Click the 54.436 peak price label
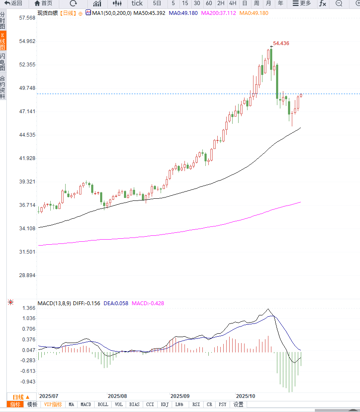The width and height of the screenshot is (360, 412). point(281,43)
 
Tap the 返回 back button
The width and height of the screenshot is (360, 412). point(13,3)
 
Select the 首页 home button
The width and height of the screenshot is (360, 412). point(43,3)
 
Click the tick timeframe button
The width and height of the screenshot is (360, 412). point(137,3)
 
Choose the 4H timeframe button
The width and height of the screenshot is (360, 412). point(233,3)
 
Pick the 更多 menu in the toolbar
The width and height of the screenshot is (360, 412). point(302,3)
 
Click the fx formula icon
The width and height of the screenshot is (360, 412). point(323,3)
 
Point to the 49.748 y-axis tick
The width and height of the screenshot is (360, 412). point(27,88)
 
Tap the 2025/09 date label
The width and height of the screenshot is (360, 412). point(179,396)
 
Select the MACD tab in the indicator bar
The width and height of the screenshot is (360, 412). point(86,404)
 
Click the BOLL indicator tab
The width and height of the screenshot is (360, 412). point(103,404)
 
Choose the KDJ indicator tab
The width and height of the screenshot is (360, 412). point(165,404)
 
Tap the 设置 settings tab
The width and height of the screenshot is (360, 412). point(238,404)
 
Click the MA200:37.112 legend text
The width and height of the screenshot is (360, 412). point(219,13)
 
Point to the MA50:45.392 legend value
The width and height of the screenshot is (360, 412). point(149,13)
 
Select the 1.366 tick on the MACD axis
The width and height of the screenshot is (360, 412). point(29,308)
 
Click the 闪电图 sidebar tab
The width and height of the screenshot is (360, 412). point(3,62)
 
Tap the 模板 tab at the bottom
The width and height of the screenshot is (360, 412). point(32,404)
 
